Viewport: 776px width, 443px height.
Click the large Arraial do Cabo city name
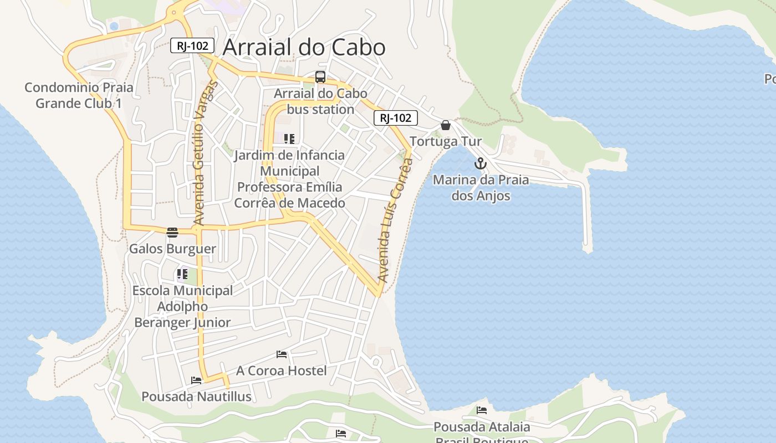click(304, 48)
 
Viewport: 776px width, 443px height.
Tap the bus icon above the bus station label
click(320, 77)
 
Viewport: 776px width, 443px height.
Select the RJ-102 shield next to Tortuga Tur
click(395, 118)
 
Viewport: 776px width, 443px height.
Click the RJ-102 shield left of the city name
click(192, 46)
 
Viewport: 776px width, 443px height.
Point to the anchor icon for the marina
click(481, 163)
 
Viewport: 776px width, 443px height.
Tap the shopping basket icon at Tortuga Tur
click(446, 125)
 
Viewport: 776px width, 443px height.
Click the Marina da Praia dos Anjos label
click(481, 188)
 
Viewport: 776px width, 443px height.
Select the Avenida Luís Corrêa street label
click(395, 220)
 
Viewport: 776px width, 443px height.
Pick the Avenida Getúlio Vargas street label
click(203, 153)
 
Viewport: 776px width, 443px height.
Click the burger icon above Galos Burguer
click(172, 232)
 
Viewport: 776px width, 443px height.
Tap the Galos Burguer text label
click(172, 249)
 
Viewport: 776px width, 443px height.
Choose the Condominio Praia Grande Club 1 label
click(79, 95)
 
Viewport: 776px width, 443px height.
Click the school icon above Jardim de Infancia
click(289, 138)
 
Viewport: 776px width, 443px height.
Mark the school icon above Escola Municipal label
click(182, 274)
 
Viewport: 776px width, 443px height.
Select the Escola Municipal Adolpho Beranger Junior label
click(182, 306)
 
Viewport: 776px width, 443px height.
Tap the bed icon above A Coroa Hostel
click(282, 354)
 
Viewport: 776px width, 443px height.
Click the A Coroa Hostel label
click(282, 370)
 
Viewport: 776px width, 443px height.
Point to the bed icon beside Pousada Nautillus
click(196, 380)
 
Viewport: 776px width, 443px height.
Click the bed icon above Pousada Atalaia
click(482, 410)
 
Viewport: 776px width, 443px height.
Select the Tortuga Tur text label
click(446, 141)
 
